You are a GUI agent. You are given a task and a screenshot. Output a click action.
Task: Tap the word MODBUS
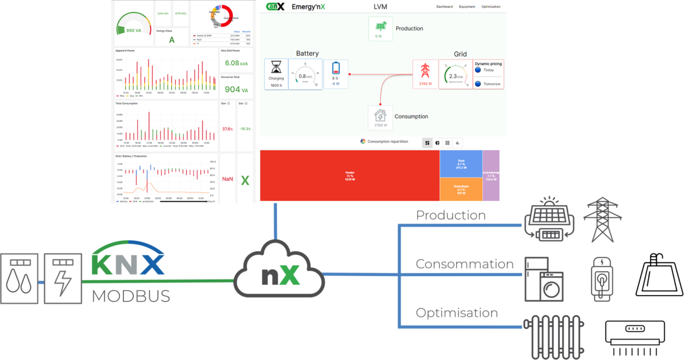131,296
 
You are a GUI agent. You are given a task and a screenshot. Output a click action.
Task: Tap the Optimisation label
457,313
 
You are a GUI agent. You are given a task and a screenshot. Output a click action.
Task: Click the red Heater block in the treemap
349,175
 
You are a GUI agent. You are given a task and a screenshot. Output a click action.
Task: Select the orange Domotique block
461,189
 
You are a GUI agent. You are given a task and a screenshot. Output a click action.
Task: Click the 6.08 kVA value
236,63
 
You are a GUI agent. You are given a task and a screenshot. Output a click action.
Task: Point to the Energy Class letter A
172,40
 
